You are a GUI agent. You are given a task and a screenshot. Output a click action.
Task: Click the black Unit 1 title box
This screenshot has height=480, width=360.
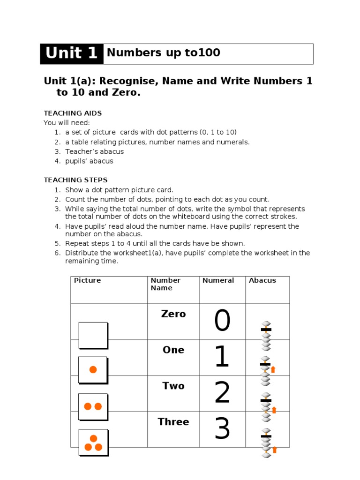[x=72, y=53]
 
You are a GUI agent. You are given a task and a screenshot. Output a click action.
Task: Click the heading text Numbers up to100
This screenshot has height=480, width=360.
[x=164, y=52]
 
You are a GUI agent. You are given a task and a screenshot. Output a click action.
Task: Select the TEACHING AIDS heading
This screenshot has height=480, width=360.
[x=73, y=113]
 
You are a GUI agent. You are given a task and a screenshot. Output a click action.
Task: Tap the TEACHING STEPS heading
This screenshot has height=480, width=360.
[x=75, y=180]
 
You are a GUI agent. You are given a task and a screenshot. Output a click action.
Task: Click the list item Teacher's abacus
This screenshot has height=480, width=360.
[x=94, y=151]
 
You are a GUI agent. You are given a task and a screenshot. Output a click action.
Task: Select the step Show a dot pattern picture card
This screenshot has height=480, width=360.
[x=119, y=190]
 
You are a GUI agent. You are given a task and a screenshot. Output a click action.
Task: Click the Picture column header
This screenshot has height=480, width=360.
[x=87, y=280]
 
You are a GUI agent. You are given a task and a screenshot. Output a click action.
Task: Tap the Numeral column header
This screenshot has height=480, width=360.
[x=218, y=280]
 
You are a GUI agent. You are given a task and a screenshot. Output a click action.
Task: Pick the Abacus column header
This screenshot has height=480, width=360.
[x=262, y=280]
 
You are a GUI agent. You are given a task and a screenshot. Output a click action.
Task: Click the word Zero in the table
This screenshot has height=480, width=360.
[x=173, y=314]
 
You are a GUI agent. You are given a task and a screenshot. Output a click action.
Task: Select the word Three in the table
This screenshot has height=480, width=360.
[x=173, y=422]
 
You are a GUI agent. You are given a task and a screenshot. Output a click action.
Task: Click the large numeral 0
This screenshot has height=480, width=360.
[x=222, y=322]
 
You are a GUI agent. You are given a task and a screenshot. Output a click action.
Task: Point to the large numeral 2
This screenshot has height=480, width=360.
[x=222, y=393]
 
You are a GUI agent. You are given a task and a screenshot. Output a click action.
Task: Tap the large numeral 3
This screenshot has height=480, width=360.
[x=222, y=428]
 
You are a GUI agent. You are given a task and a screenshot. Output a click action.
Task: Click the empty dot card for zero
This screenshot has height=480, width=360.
[x=93, y=335]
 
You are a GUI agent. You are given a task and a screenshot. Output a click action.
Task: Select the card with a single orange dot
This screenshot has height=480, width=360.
[x=93, y=370]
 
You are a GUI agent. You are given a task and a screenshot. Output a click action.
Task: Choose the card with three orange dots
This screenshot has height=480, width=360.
[x=93, y=442]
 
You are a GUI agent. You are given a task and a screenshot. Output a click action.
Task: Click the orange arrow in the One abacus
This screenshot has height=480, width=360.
[x=273, y=369]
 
